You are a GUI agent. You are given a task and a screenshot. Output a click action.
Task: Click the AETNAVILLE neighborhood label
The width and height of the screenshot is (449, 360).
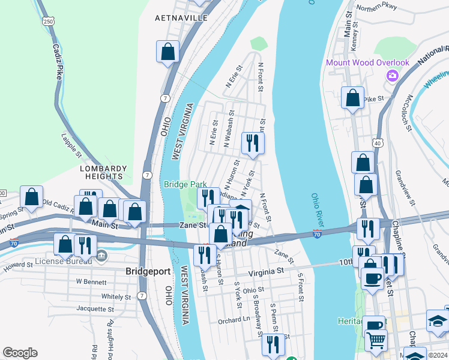181,18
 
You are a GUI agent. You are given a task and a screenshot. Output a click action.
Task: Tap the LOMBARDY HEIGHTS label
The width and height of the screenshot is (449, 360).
104,172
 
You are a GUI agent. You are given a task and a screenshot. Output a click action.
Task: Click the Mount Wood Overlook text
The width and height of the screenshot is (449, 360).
367,62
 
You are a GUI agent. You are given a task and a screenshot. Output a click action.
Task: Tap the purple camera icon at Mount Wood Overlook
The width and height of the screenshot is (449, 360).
393,76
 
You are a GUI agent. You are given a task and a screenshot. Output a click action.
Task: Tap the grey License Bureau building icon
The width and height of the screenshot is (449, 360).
101,257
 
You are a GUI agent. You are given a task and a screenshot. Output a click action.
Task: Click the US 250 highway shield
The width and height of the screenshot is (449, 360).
49,21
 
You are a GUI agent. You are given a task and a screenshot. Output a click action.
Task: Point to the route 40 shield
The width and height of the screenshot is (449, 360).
377,143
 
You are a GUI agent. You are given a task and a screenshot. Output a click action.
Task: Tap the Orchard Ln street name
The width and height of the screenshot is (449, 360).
234,320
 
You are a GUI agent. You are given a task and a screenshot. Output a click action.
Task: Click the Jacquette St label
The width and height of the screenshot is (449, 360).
96,308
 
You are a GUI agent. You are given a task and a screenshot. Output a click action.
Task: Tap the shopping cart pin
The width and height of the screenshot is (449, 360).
376,340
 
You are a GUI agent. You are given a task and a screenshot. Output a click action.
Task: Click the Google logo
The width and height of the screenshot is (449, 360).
20,353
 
